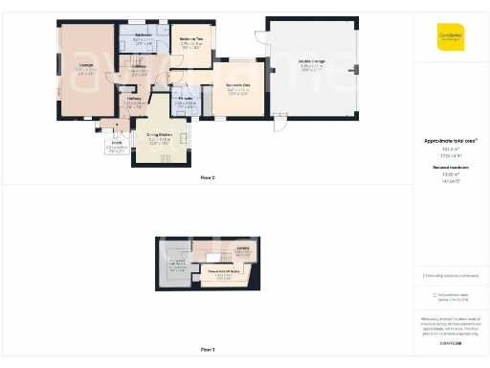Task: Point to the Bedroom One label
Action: (238, 86)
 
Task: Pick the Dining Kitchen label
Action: (159, 137)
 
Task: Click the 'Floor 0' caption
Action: (208, 178)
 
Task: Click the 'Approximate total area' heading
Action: (450, 141)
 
